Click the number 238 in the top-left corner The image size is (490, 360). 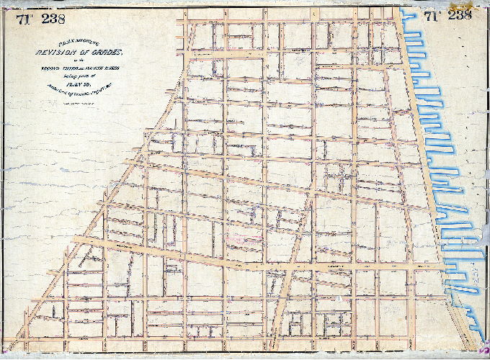click(x=53, y=19)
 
